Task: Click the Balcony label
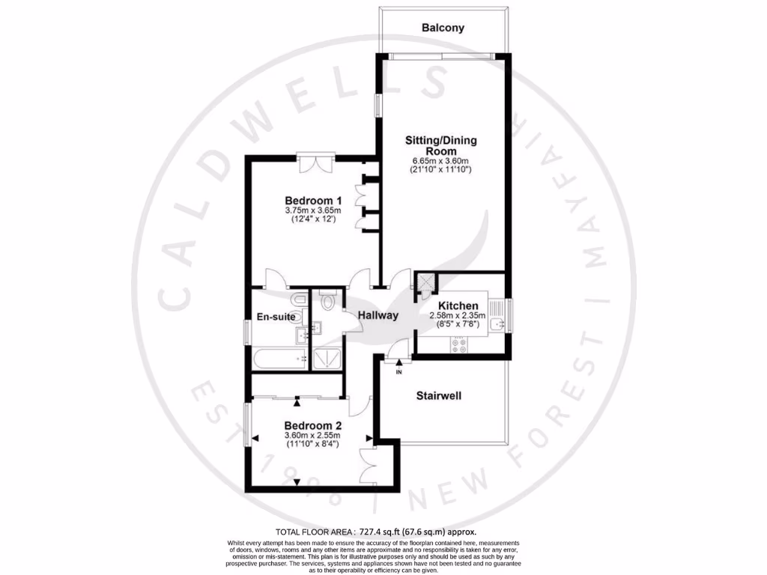coord(442,28)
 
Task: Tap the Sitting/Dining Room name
coord(441,145)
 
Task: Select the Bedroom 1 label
coord(313,201)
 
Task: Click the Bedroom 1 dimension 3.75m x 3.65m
coord(313,211)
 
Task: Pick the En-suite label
coord(276,317)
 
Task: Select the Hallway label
coord(377,315)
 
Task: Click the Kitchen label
coord(458,305)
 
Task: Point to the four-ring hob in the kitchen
coord(457,346)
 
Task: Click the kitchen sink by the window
coord(497,323)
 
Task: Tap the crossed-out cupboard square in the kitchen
coord(425,282)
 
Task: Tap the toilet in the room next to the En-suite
coord(327,301)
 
